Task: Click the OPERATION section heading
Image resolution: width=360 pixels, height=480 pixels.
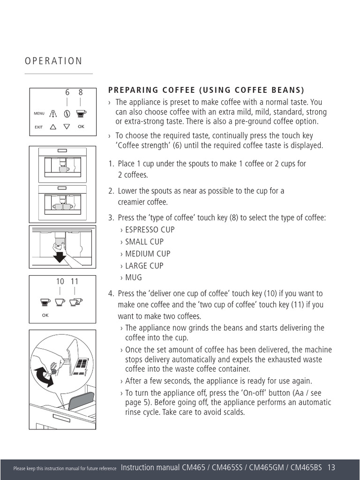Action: pyautogui.click(x=53, y=61)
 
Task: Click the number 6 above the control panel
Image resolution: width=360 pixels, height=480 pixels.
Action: pyautogui.click(x=67, y=93)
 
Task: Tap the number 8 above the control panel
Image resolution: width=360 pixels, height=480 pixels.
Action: pyautogui.click(x=80, y=93)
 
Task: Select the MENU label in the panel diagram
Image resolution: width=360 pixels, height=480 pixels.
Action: pyautogui.click(x=39, y=113)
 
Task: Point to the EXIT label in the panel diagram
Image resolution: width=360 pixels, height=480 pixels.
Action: pyautogui.click(x=38, y=127)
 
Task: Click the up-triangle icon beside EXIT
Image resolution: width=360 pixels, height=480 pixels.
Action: pyautogui.click(x=52, y=127)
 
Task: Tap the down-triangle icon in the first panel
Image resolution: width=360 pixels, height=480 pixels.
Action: pyautogui.click(x=67, y=127)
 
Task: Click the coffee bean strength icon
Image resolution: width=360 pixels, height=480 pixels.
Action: pyautogui.click(x=67, y=113)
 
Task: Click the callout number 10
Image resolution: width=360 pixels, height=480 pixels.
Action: pyautogui.click(x=60, y=281)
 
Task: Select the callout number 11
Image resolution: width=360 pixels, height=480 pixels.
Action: pyautogui.click(x=75, y=281)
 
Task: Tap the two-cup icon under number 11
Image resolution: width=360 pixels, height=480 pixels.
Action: pyautogui.click(x=75, y=302)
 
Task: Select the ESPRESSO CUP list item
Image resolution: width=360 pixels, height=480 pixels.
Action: pyautogui.click(x=150, y=230)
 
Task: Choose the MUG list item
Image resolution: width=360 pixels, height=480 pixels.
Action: pyautogui.click(x=134, y=277)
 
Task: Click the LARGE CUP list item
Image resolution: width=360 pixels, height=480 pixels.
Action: pyautogui.click(x=144, y=266)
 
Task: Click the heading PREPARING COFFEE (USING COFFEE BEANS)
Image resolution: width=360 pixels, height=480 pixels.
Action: pyautogui.click(x=206, y=90)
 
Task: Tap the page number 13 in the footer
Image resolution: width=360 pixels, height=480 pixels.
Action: pyautogui.click(x=331, y=467)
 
